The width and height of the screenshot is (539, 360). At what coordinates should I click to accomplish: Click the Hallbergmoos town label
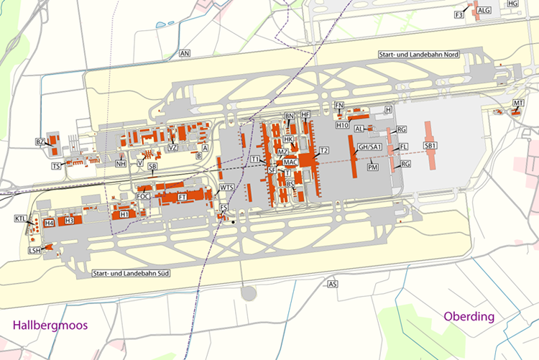[50, 326]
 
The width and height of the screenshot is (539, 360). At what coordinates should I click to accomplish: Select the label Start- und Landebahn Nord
[419, 55]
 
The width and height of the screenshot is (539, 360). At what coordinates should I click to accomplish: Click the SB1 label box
[431, 146]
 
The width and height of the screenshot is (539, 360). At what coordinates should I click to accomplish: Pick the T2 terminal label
[324, 150]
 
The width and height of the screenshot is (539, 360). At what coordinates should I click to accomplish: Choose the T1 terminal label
[256, 159]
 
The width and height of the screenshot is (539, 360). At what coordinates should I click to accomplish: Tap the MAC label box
[291, 162]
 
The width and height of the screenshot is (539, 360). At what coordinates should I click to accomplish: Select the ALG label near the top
[484, 10]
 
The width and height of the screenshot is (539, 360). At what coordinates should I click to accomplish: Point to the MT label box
[518, 104]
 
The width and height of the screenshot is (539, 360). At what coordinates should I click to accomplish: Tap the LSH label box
[33, 250]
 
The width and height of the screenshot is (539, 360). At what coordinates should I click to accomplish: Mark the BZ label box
[40, 142]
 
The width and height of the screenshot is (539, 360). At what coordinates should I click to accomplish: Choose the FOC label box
[143, 196]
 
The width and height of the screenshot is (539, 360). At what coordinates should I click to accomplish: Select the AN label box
[185, 54]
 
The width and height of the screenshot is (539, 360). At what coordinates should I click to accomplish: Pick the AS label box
[332, 285]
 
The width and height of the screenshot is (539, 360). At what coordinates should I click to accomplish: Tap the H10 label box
[342, 124]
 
